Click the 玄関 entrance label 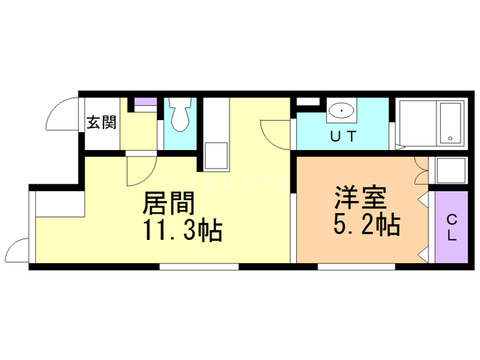[x=101, y=121]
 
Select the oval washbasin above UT [x=342, y=110]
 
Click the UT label [x=343, y=136]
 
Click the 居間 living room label [x=169, y=203]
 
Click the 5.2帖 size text [x=365, y=224]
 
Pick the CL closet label [x=451, y=227]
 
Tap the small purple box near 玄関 [x=145, y=101]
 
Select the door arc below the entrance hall [x=140, y=170]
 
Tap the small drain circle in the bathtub [x=450, y=139]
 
